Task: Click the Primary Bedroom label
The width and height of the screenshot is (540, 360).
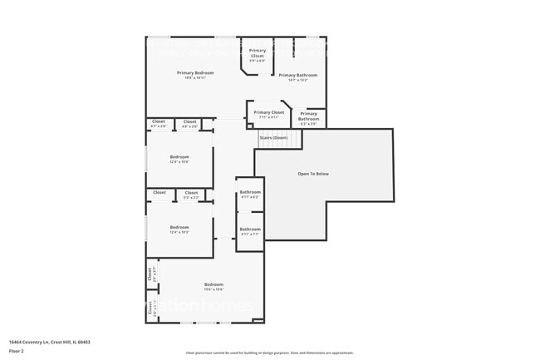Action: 195,73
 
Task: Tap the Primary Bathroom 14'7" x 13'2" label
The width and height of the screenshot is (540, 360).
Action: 297,75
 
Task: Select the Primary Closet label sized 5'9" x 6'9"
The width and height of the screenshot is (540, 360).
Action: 258,52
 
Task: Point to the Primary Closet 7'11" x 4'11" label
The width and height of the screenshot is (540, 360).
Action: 268,112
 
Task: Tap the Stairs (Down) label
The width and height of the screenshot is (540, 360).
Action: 273,137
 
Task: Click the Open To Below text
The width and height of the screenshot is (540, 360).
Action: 313,174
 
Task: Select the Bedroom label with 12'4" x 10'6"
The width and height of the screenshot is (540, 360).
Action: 179,157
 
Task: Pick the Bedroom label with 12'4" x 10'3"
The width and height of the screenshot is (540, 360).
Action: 179,228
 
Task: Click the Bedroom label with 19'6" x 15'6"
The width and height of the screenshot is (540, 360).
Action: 214,285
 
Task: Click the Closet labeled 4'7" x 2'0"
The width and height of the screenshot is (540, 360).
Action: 159,121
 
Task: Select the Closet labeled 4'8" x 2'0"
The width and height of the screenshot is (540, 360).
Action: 189,121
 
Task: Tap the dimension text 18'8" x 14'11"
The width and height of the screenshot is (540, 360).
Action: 195,78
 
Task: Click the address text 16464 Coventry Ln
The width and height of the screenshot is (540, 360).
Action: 50,342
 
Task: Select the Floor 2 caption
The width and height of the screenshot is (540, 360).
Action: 17,352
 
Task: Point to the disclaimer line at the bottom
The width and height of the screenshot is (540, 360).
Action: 269,353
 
